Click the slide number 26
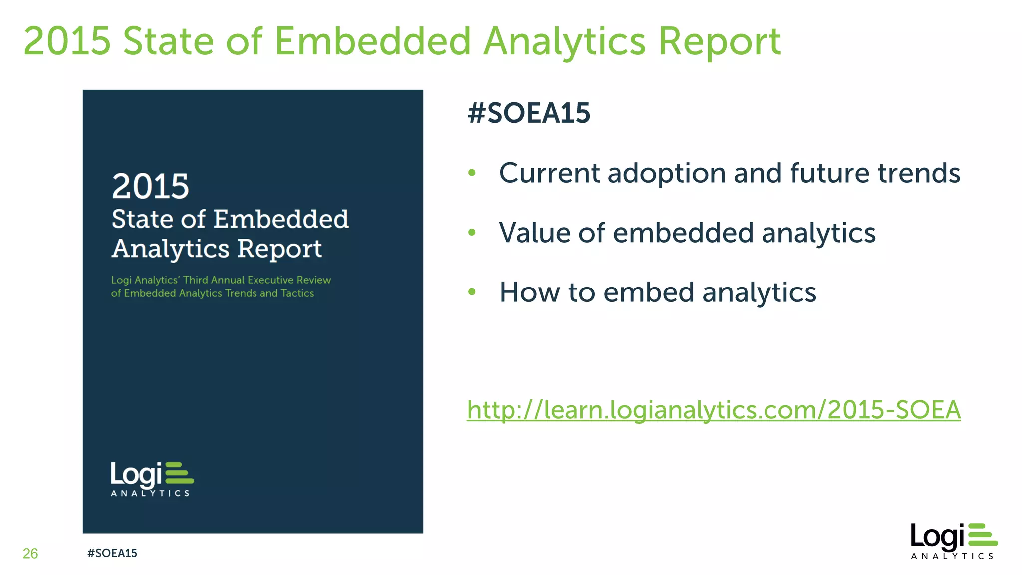[30, 553]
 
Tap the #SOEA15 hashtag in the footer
[112, 553]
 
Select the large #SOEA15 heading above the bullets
[529, 113]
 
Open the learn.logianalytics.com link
[714, 410]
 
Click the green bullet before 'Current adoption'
[472, 173]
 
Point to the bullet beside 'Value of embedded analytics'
[472, 232]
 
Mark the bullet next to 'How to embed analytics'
[472, 291]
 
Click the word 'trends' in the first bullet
[919, 173]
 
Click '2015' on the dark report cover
[150, 186]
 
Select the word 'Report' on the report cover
[279, 249]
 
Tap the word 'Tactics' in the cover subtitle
[297, 293]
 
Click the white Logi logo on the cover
[152, 478]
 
